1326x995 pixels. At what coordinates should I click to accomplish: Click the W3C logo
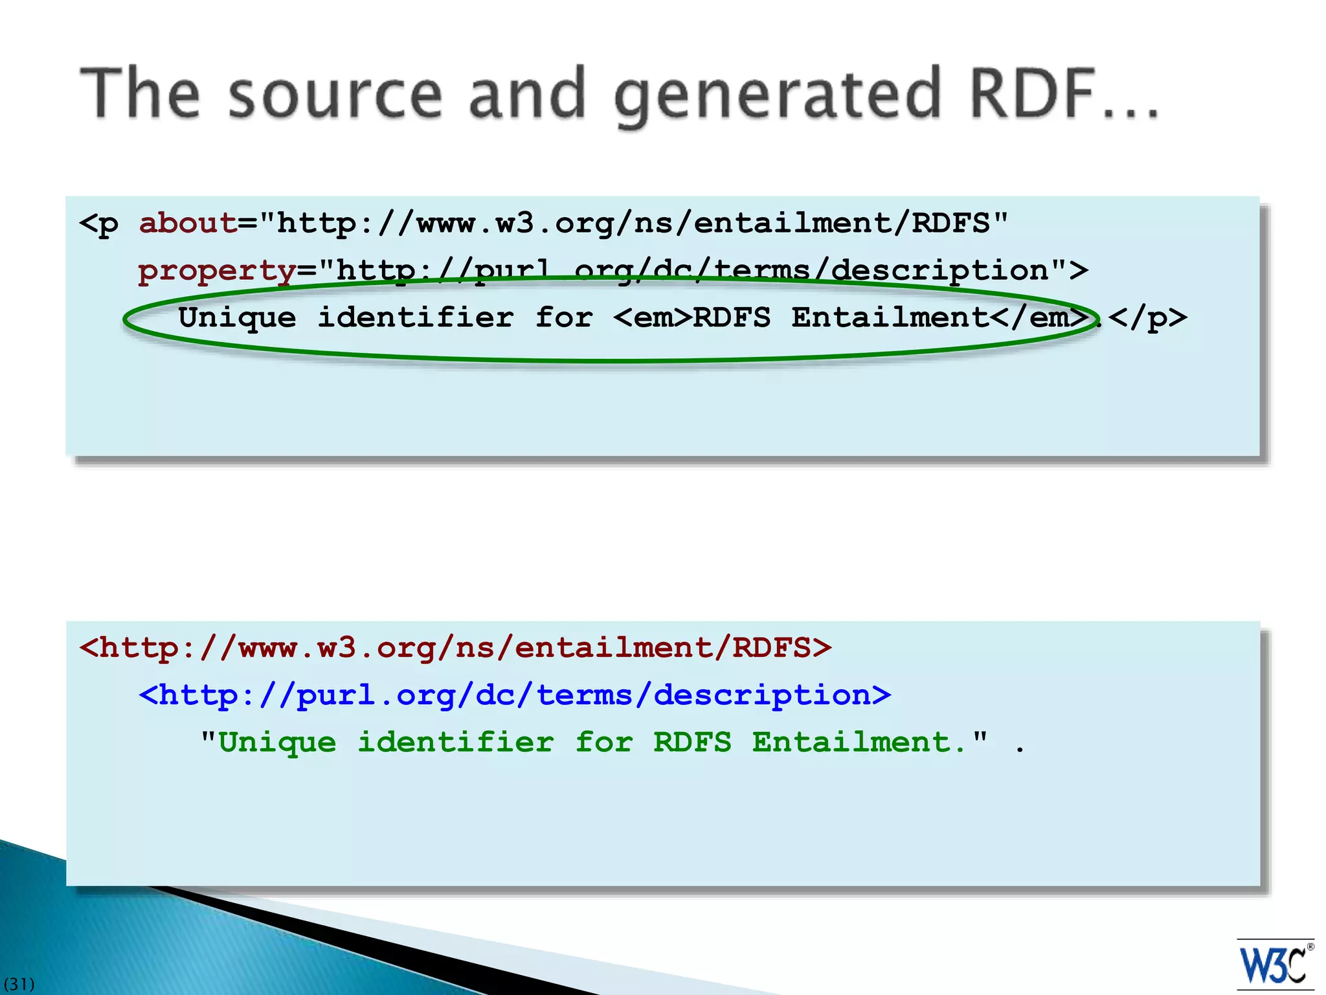pos(1274,965)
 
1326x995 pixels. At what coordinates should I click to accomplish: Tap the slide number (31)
pos(19,984)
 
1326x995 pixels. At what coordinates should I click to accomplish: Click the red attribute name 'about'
pos(188,223)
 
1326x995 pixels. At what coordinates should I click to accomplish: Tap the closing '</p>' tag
pos(1147,318)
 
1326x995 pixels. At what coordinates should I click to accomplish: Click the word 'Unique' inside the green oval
pos(237,318)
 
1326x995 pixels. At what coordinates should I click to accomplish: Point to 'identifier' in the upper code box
pos(416,318)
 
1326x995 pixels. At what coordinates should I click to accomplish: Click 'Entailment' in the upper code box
pos(890,318)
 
